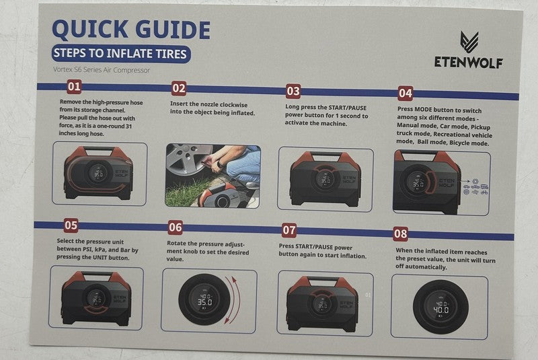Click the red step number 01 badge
pos(74,87)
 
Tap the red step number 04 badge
pos(406,94)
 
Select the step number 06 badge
pos(176,227)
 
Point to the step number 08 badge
pos(400,233)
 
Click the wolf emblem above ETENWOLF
pos(469,42)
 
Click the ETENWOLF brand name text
pos(469,63)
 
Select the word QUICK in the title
pos(91,29)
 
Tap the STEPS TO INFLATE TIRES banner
pos(121,54)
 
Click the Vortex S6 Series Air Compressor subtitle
pos(102,70)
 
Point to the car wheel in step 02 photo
pos(188,162)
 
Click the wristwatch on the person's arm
pos(219,164)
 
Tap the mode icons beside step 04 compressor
pos(476,186)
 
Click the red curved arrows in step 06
pos(233,300)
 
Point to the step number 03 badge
pos(293,92)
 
